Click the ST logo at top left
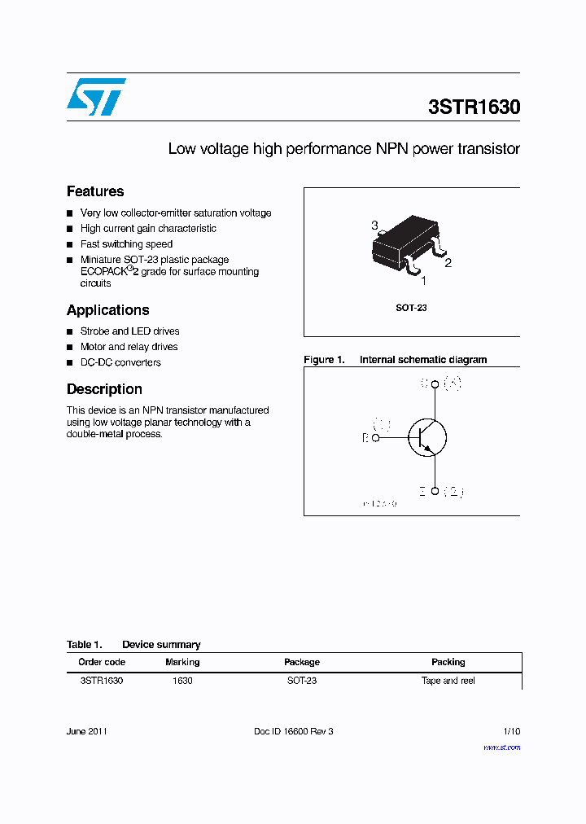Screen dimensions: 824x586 click(x=95, y=97)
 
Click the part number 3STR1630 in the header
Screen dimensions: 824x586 click(x=474, y=107)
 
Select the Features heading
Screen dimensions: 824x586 click(x=95, y=191)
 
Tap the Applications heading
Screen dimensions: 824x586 click(x=107, y=310)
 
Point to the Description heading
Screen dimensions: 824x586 click(x=104, y=389)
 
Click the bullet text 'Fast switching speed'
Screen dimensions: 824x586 click(x=126, y=244)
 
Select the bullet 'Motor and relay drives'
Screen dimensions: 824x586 click(x=129, y=347)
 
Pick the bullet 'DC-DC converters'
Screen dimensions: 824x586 click(x=120, y=362)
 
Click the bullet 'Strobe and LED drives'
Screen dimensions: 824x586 click(x=129, y=331)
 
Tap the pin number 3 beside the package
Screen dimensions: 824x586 click(x=374, y=226)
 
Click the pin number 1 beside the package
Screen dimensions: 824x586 click(x=423, y=281)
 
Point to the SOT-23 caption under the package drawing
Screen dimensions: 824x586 click(x=411, y=309)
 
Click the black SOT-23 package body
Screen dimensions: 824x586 click(x=405, y=243)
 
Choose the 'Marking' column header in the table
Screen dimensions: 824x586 click(x=182, y=662)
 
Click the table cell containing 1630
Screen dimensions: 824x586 click(x=182, y=681)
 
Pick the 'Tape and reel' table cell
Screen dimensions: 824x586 click(x=448, y=681)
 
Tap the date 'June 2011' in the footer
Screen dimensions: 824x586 click(x=86, y=731)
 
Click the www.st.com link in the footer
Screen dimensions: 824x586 click(x=501, y=747)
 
